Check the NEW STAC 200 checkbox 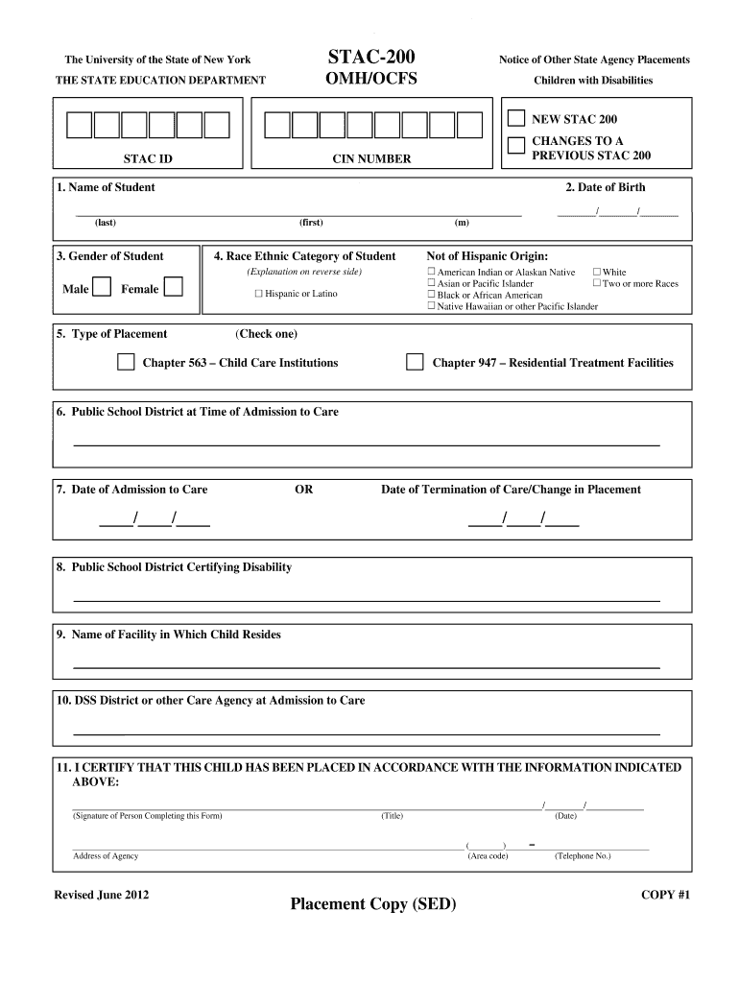coord(516,119)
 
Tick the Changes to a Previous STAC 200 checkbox coord(516,145)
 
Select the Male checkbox coord(102,288)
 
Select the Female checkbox coord(174,288)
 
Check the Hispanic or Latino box coord(258,294)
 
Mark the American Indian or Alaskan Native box coord(431,273)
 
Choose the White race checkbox coord(596,273)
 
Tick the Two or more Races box coord(596,284)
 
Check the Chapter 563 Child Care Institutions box coord(126,363)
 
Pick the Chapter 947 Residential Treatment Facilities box coord(415,363)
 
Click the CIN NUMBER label coord(371,159)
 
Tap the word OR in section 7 coord(303,490)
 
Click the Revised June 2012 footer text coord(102,895)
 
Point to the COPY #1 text coord(665,895)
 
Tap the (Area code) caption coord(488,855)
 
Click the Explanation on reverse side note coord(304,273)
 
